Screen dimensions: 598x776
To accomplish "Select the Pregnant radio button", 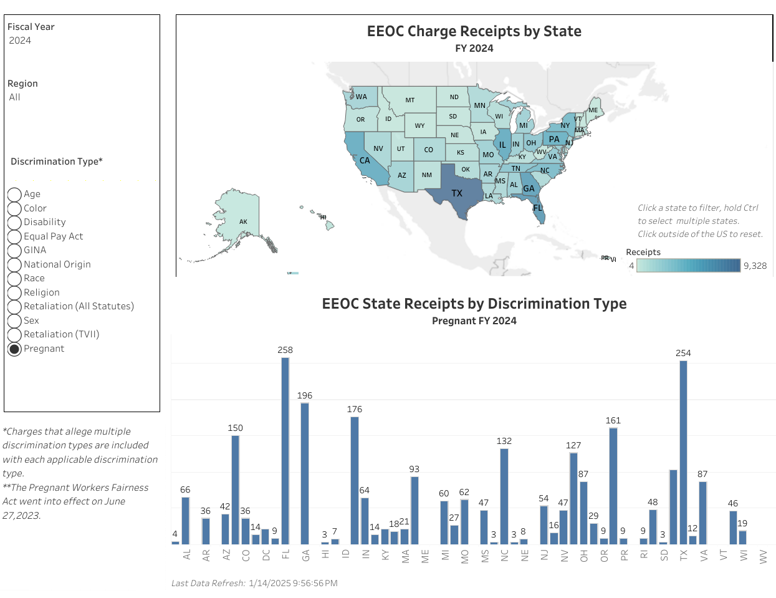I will pos(14,349).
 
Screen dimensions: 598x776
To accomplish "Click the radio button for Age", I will pos(14,195).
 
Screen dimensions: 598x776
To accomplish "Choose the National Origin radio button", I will pos(14,264).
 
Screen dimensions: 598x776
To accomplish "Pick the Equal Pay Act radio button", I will pos(14,236).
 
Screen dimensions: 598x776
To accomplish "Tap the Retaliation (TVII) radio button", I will pos(14,335).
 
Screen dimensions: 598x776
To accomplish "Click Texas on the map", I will pos(456,190).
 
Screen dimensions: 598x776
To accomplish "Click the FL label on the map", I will pos(537,208).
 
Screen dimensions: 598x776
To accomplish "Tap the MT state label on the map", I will pos(410,100).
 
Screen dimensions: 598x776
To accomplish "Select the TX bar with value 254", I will pos(683,452).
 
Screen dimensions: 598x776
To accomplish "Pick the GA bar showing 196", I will pos(305,473).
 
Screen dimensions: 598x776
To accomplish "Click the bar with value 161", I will pos(613,486).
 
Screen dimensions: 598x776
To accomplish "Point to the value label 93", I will pos(414,469).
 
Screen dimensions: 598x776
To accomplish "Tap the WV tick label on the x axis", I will pos(764,556).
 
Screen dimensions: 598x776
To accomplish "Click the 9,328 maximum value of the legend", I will pos(755,266).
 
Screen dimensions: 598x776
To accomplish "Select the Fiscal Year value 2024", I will pos(20,41).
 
